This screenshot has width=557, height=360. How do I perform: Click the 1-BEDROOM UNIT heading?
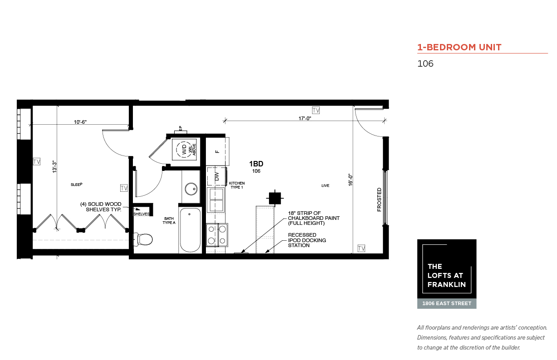(x=459, y=47)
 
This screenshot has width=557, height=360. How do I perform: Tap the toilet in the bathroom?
(x=143, y=239)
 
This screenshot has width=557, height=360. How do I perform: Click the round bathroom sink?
(x=191, y=189)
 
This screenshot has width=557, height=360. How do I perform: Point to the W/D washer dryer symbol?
(x=184, y=150)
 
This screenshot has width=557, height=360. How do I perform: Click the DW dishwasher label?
(x=217, y=176)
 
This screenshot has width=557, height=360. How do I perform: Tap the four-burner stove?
(x=217, y=235)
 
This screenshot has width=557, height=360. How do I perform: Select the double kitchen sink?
(x=216, y=200)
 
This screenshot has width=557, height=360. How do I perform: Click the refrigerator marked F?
(x=217, y=151)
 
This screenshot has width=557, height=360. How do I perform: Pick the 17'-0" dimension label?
(x=305, y=118)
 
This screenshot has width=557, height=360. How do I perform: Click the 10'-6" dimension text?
(x=80, y=122)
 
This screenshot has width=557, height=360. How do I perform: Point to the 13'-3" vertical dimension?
(x=54, y=167)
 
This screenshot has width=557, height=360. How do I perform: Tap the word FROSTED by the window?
(x=379, y=199)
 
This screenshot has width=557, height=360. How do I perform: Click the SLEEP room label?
(x=76, y=185)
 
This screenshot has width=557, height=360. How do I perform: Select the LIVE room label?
(x=325, y=185)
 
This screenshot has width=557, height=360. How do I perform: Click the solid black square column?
(x=275, y=199)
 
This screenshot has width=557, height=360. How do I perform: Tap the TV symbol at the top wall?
(x=316, y=110)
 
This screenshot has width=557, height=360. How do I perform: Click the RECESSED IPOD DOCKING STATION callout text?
(x=307, y=240)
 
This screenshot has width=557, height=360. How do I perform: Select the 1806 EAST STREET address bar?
(x=447, y=304)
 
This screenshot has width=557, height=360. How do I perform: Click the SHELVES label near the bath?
(x=141, y=214)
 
